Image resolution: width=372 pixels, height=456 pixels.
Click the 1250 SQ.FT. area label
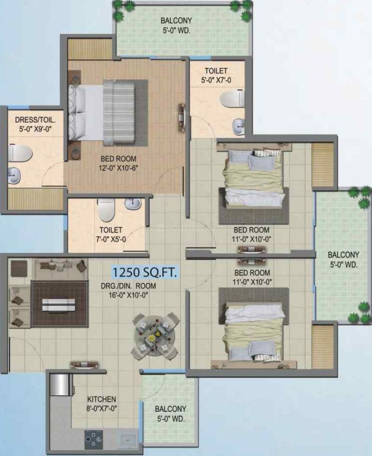click(x=144, y=272)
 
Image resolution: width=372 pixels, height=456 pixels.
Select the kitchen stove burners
click(x=93, y=438)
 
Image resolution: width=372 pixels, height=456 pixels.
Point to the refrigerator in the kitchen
click(x=60, y=385)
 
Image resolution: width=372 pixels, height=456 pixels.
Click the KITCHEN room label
click(x=101, y=399)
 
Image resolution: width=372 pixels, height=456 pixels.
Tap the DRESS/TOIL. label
click(x=35, y=120)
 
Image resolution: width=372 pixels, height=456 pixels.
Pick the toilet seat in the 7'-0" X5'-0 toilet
click(x=105, y=210)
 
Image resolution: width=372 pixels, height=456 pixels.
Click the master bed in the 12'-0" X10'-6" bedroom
click(x=102, y=113)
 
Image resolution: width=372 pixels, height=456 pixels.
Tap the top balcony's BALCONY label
click(x=176, y=20)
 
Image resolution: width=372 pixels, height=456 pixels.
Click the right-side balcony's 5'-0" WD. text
click(x=344, y=265)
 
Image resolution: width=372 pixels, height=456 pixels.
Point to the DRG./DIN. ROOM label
click(x=128, y=286)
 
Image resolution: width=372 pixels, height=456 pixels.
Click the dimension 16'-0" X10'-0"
click(x=129, y=295)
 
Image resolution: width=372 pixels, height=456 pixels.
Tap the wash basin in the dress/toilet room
click(x=14, y=176)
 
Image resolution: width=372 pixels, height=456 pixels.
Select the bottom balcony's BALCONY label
click(x=171, y=409)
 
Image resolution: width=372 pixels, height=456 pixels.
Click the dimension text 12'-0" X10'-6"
click(x=119, y=168)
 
